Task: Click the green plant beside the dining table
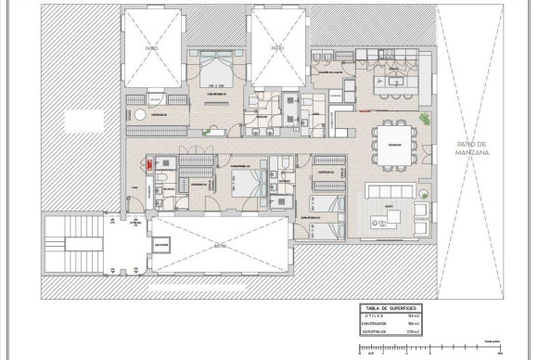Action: point(426,119)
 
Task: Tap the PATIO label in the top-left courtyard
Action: point(151,46)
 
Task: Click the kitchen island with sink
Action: point(394,82)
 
